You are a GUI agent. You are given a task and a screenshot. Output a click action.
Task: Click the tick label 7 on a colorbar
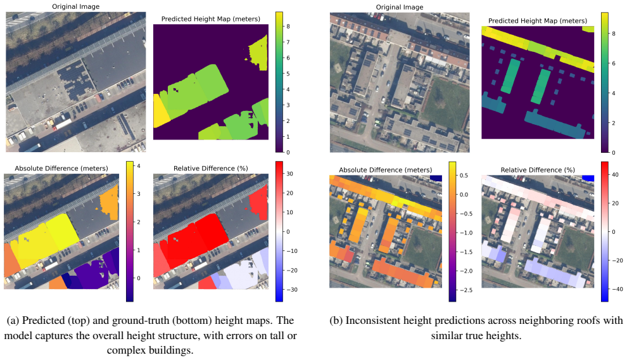[288, 42]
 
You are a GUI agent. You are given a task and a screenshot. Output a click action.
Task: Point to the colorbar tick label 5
[288, 74]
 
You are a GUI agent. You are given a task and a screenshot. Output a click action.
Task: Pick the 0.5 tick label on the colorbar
[464, 175]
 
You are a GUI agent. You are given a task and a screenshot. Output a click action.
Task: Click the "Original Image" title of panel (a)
[75, 6]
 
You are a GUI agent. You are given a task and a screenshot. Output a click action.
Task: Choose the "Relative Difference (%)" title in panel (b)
[538, 170]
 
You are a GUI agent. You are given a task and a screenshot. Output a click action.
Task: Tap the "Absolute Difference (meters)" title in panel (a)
[61, 169]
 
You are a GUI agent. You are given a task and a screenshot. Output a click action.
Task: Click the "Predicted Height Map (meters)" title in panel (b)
[538, 21]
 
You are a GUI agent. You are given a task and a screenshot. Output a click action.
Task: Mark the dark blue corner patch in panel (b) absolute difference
[436, 178]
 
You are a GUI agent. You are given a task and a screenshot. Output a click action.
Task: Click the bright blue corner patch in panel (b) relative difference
[588, 178]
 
